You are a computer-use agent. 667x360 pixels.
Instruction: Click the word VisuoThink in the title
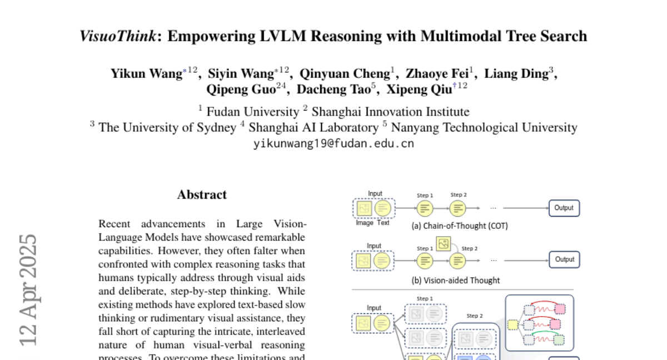pyautogui.click(x=117, y=37)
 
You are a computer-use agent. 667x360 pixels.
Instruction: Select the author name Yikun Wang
pyautogui.click(x=146, y=74)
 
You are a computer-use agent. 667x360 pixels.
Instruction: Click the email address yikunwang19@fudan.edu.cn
pyautogui.click(x=333, y=143)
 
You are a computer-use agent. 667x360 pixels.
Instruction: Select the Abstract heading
pyautogui.click(x=202, y=194)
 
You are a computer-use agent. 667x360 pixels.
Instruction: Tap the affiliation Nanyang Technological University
pyautogui.click(x=484, y=127)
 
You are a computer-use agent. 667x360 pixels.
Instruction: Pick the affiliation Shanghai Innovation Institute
pyautogui.click(x=390, y=112)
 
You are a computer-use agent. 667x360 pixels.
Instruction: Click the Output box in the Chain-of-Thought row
pyautogui.click(x=564, y=208)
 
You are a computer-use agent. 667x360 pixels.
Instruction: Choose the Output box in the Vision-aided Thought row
pyautogui.click(x=564, y=259)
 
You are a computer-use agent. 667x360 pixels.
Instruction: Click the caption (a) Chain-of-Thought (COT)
pyautogui.click(x=459, y=226)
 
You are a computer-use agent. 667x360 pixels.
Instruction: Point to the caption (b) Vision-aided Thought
pyautogui.click(x=455, y=281)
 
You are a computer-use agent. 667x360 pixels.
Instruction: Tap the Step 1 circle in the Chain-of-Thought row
pyautogui.click(x=425, y=208)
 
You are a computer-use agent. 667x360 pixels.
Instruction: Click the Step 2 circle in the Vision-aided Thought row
pyautogui.click(x=457, y=259)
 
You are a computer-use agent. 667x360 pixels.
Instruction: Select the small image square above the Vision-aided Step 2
pyautogui.click(x=444, y=243)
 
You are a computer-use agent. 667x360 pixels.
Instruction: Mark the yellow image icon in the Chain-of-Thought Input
pyautogui.click(x=364, y=208)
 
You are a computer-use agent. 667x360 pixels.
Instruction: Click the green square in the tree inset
pyautogui.click(x=559, y=339)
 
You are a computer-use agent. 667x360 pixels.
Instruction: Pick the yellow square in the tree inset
pyautogui.click(x=512, y=324)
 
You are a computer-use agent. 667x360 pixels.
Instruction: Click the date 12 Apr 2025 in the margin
pyautogui.click(x=28, y=289)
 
